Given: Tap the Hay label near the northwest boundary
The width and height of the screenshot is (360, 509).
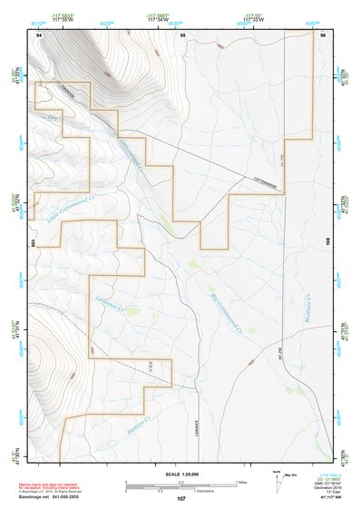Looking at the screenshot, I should coord(52,117).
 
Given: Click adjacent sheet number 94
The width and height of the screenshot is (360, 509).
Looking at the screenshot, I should coord(39,34).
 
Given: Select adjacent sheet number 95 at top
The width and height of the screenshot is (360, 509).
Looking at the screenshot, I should coord(182,34).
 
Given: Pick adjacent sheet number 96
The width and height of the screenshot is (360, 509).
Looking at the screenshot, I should coord(321,34).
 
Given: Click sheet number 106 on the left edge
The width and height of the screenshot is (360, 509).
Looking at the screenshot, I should coord(32,243).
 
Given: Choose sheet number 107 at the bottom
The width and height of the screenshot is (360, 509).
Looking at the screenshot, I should coord(181,499).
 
